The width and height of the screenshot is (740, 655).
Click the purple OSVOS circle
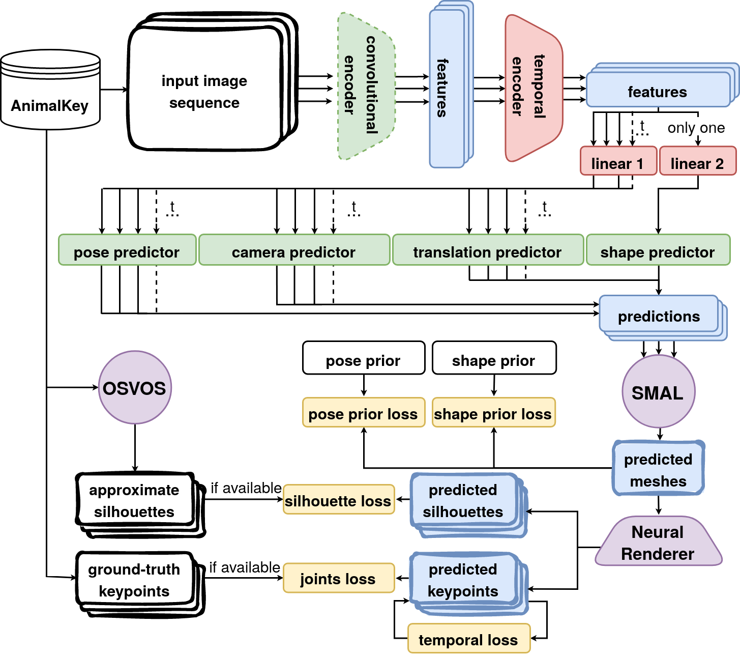coord(135,388)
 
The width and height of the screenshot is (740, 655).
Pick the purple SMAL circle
coord(658,391)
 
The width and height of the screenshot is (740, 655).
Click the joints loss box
coord(339,578)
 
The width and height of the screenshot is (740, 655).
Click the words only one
coord(696,128)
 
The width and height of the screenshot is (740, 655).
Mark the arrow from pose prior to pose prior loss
coord(364,385)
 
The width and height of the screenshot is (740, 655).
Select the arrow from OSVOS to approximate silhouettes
coord(135,448)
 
